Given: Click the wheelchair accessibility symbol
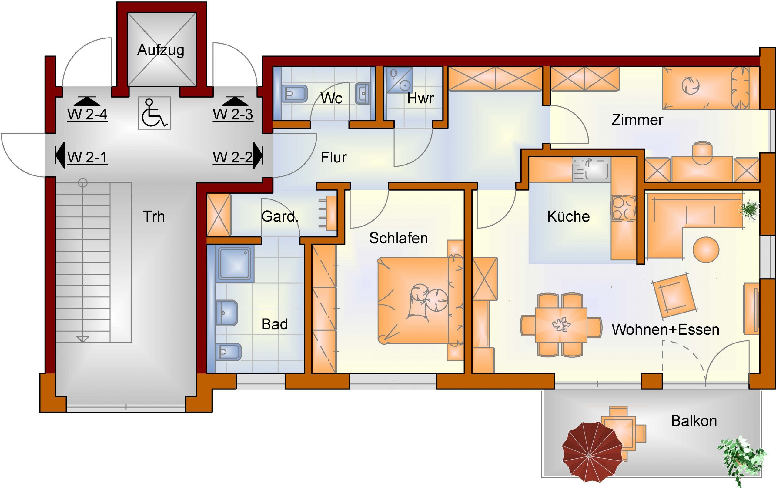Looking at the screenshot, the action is tap(154, 113).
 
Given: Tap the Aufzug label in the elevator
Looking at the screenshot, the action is tap(161, 50).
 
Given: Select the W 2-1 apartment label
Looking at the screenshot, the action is tap(87, 158).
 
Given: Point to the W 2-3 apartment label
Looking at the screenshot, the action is tap(233, 115).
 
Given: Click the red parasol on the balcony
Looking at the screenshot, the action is tap(589, 456).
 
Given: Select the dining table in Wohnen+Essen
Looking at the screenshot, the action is tap(561, 325).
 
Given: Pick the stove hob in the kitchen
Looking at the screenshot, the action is tap(624, 209).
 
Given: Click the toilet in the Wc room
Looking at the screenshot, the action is tap(294, 94).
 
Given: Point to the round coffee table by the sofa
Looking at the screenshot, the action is tap(706, 249).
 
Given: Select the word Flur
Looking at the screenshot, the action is tap(333, 158).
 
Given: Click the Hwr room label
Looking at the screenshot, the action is tap(420, 98).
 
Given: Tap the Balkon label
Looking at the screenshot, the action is tap(694, 421).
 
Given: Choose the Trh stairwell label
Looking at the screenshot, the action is tap(154, 216).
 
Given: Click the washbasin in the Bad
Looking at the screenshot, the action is tap(227, 313).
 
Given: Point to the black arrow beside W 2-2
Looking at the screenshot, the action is tap(258, 155).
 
